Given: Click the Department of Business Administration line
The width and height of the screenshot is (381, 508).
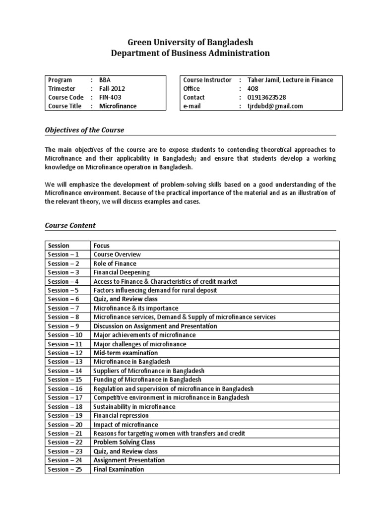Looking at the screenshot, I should point(190,53).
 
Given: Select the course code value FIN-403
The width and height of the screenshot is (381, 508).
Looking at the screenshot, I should point(112,97).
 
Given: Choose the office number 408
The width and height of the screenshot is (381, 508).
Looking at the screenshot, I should point(253,88).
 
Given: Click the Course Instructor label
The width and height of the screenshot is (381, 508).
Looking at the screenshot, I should point(207,80).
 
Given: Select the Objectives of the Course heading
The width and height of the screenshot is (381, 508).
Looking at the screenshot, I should point(84,130).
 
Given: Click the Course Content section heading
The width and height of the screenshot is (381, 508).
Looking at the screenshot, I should point(70,225).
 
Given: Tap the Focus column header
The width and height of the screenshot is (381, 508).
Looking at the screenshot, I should point(102,246).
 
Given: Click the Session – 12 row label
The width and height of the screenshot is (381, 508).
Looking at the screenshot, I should point(65,353).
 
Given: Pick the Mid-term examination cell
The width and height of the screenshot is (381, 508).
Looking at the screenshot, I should point(126,353).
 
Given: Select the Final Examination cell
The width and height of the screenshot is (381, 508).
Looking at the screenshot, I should point(119,469).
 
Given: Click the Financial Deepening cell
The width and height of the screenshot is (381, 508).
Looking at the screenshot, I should point(122,272).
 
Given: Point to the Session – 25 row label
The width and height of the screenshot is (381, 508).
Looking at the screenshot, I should point(65,469).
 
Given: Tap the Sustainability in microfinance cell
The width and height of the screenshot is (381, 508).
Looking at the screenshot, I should point(134,406).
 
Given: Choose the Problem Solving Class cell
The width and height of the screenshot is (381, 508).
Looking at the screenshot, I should point(124,442).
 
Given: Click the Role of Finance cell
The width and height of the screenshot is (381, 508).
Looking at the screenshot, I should point(115,263).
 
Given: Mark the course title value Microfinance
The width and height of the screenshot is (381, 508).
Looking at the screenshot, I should point(118,106).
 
